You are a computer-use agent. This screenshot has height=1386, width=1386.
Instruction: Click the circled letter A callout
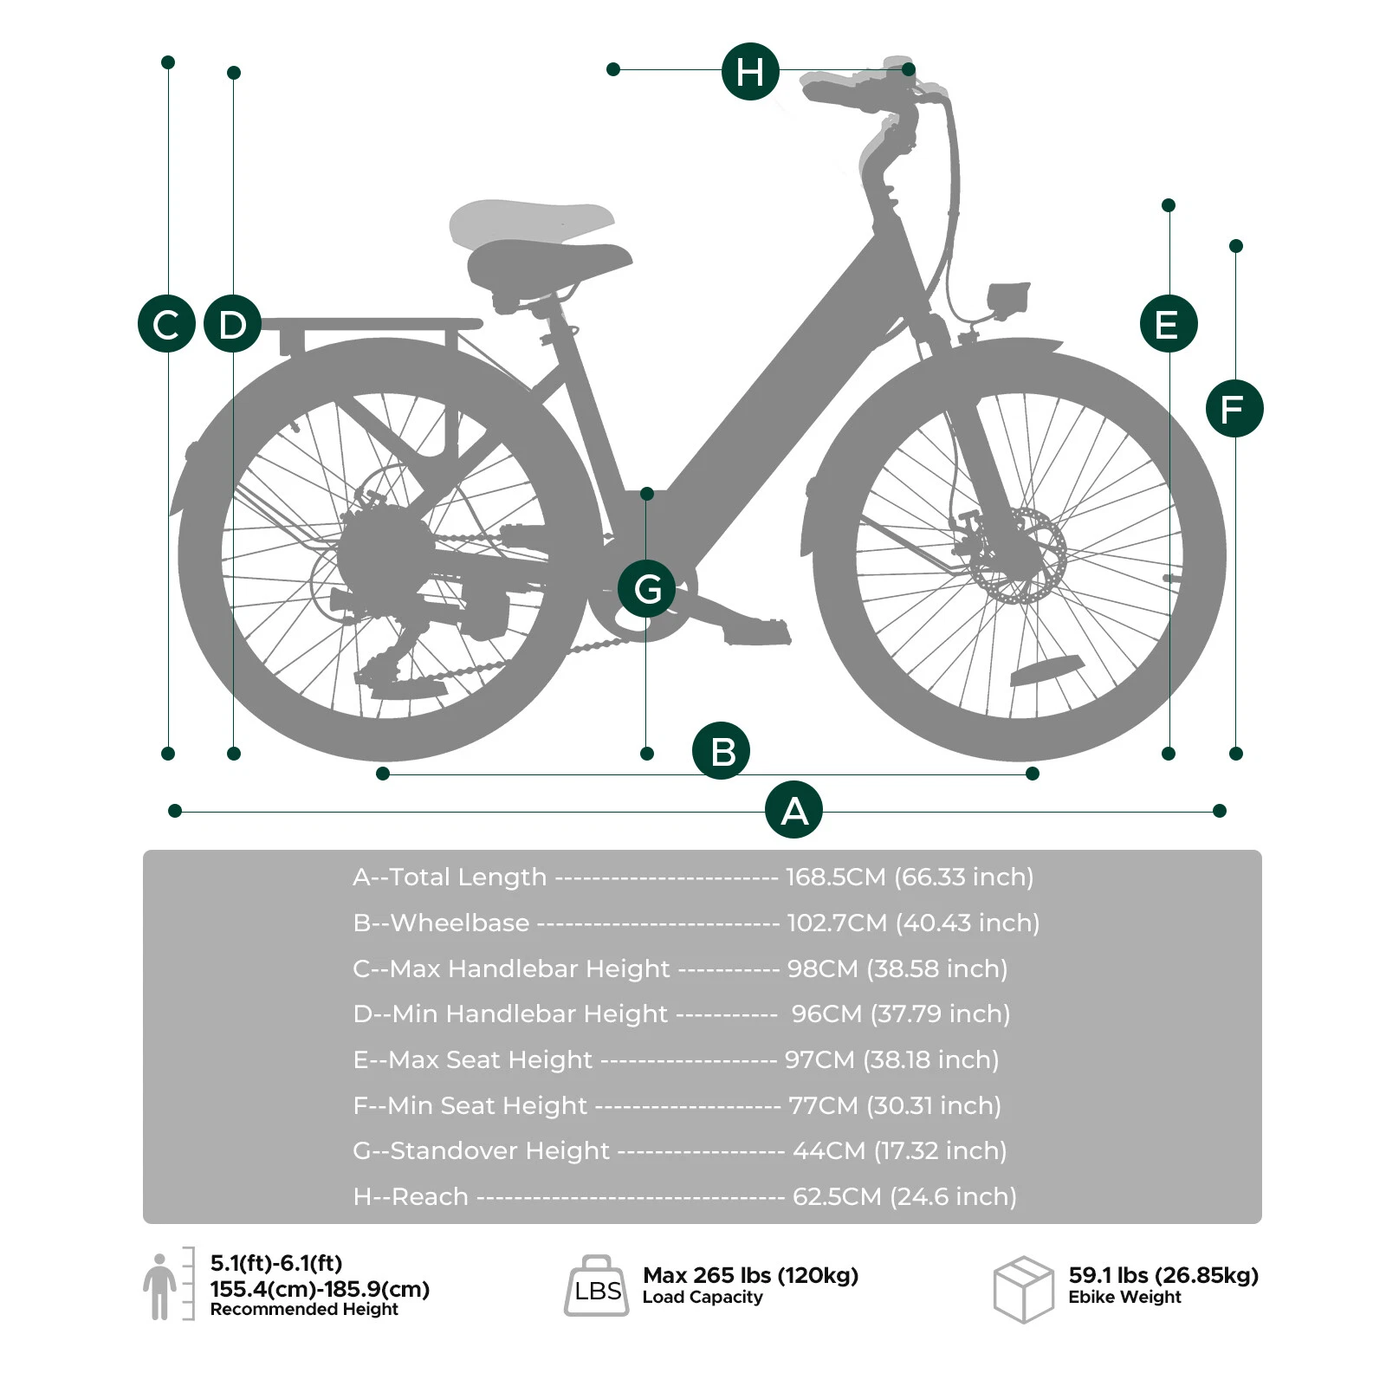[793, 810]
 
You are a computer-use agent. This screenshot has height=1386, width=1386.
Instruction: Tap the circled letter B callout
[721, 750]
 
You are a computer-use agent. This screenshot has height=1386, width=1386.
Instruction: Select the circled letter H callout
[750, 71]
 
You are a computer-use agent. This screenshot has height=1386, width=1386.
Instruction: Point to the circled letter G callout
[646, 588]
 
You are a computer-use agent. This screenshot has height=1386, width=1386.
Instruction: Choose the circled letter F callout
[1234, 408]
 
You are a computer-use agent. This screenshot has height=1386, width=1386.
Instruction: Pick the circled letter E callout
[1169, 324]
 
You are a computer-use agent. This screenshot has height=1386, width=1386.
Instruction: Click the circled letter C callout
[166, 324]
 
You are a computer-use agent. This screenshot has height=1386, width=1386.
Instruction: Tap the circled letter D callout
[232, 324]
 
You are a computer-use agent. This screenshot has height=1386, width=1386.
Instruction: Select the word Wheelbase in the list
[460, 923]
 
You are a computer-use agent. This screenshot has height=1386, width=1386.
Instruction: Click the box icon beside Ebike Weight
[1023, 1289]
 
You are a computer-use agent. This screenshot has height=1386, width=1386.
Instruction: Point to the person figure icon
[159, 1286]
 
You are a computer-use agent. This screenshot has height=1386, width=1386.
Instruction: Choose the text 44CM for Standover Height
[829, 1150]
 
